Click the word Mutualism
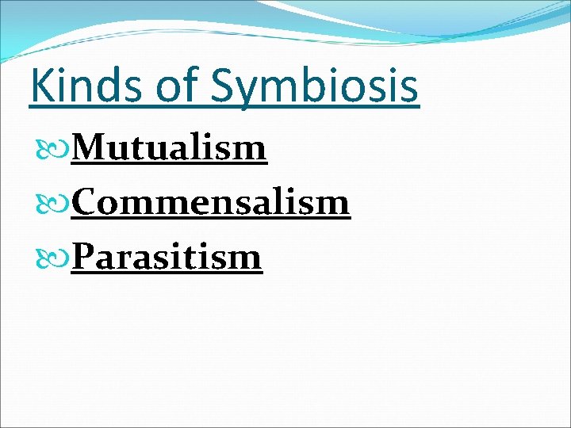pyautogui.click(x=169, y=147)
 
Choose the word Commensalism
pyautogui.click(x=210, y=202)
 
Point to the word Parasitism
pyautogui.click(x=167, y=257)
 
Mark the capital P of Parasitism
pyautogui.click(x=84, y=257)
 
